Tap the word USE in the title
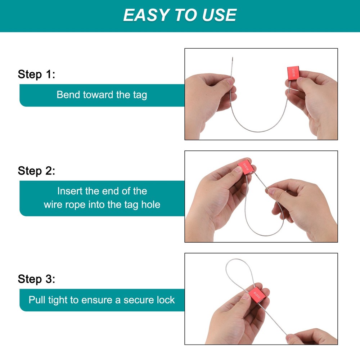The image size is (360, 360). (x=219, y=15)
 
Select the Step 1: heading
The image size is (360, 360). (x=36, y=74)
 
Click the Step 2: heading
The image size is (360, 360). (x=36, y=171)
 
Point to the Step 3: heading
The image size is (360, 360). (x=36, y=279)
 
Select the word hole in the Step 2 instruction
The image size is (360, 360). (x=150, y=204)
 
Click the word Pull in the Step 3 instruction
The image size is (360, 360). (x=37, y=300)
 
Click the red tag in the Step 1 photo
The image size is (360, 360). (x=293, y=73)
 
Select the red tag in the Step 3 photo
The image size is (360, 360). (x=257, y=294)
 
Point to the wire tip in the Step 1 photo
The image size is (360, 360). (x=233, y=57)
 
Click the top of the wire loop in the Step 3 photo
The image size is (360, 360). (x=237, y=259)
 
